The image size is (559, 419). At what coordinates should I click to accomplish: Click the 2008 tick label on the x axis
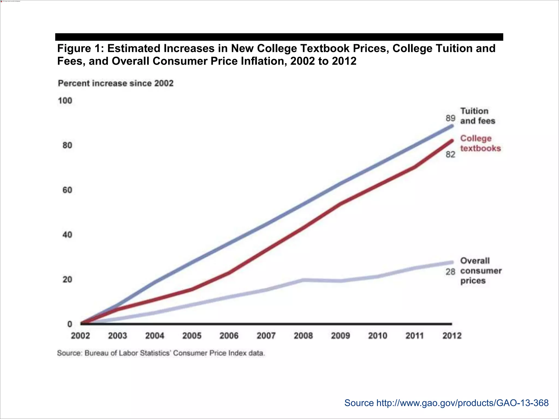(303, 336)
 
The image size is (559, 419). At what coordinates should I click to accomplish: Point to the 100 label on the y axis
(65, 101)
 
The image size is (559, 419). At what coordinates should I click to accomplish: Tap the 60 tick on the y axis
(67, 190)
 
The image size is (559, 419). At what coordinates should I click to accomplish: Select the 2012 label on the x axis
(452, 336)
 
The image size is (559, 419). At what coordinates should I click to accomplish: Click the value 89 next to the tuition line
(450, 118)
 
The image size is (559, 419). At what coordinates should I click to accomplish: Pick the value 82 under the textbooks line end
(450, 155)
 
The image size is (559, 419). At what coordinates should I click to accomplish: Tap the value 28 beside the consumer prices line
(450, 272)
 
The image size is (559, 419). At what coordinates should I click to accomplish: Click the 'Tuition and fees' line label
(477, 116)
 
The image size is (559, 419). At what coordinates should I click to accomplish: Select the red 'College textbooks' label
(480, 143)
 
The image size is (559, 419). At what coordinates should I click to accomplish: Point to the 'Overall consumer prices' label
(481, 271)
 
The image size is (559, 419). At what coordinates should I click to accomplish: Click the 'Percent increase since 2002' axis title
(116, 83)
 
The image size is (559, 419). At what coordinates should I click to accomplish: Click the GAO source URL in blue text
(446, 403)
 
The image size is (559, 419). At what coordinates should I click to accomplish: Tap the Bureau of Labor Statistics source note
(161, 353)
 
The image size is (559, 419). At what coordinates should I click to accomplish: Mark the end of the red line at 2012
(452, 141)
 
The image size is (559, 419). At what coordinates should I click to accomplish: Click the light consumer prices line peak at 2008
(303, 280)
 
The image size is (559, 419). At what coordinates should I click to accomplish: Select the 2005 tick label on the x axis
(192, 336)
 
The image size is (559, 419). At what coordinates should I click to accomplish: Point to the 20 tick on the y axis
(67, 279)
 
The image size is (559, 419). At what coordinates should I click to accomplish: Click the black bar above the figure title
(279, 37)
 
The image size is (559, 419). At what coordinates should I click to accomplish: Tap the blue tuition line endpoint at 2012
(452, 126)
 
